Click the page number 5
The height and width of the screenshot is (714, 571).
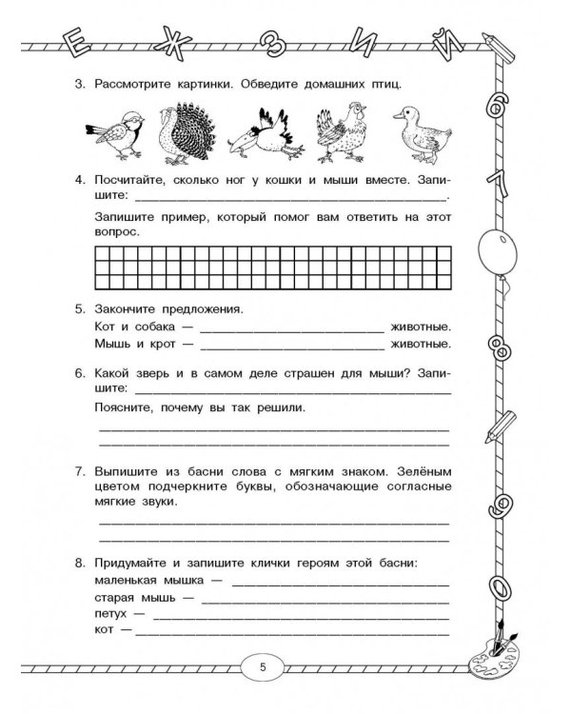click(263, 666)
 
